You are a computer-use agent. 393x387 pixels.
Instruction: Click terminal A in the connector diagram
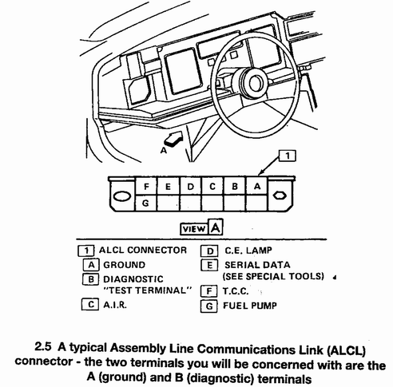(256, 186)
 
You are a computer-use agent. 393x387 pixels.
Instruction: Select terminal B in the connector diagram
(235, 186)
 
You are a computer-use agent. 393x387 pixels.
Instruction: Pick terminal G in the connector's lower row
(145, 203)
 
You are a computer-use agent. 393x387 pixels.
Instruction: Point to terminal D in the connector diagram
(190, 186)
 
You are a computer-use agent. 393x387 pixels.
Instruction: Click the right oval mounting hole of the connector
(281, 195)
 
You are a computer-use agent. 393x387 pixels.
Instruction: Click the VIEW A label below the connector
(200, 228)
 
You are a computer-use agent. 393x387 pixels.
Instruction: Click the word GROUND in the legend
(124, 264)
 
